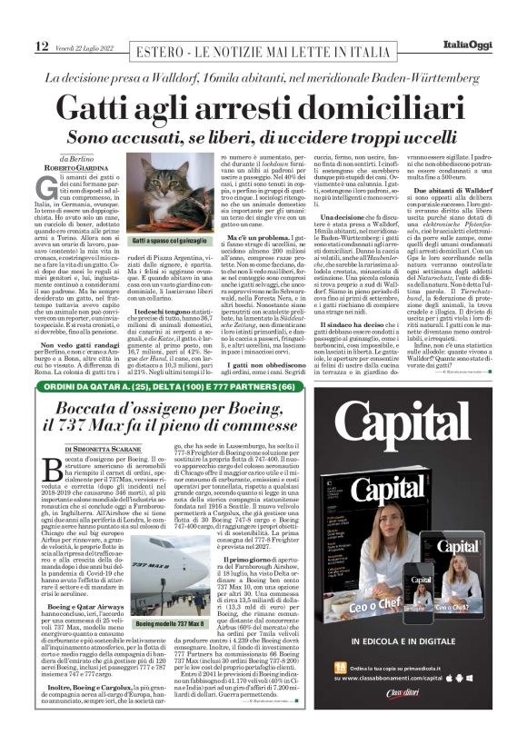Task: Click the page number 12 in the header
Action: click(x=42, y=45)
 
